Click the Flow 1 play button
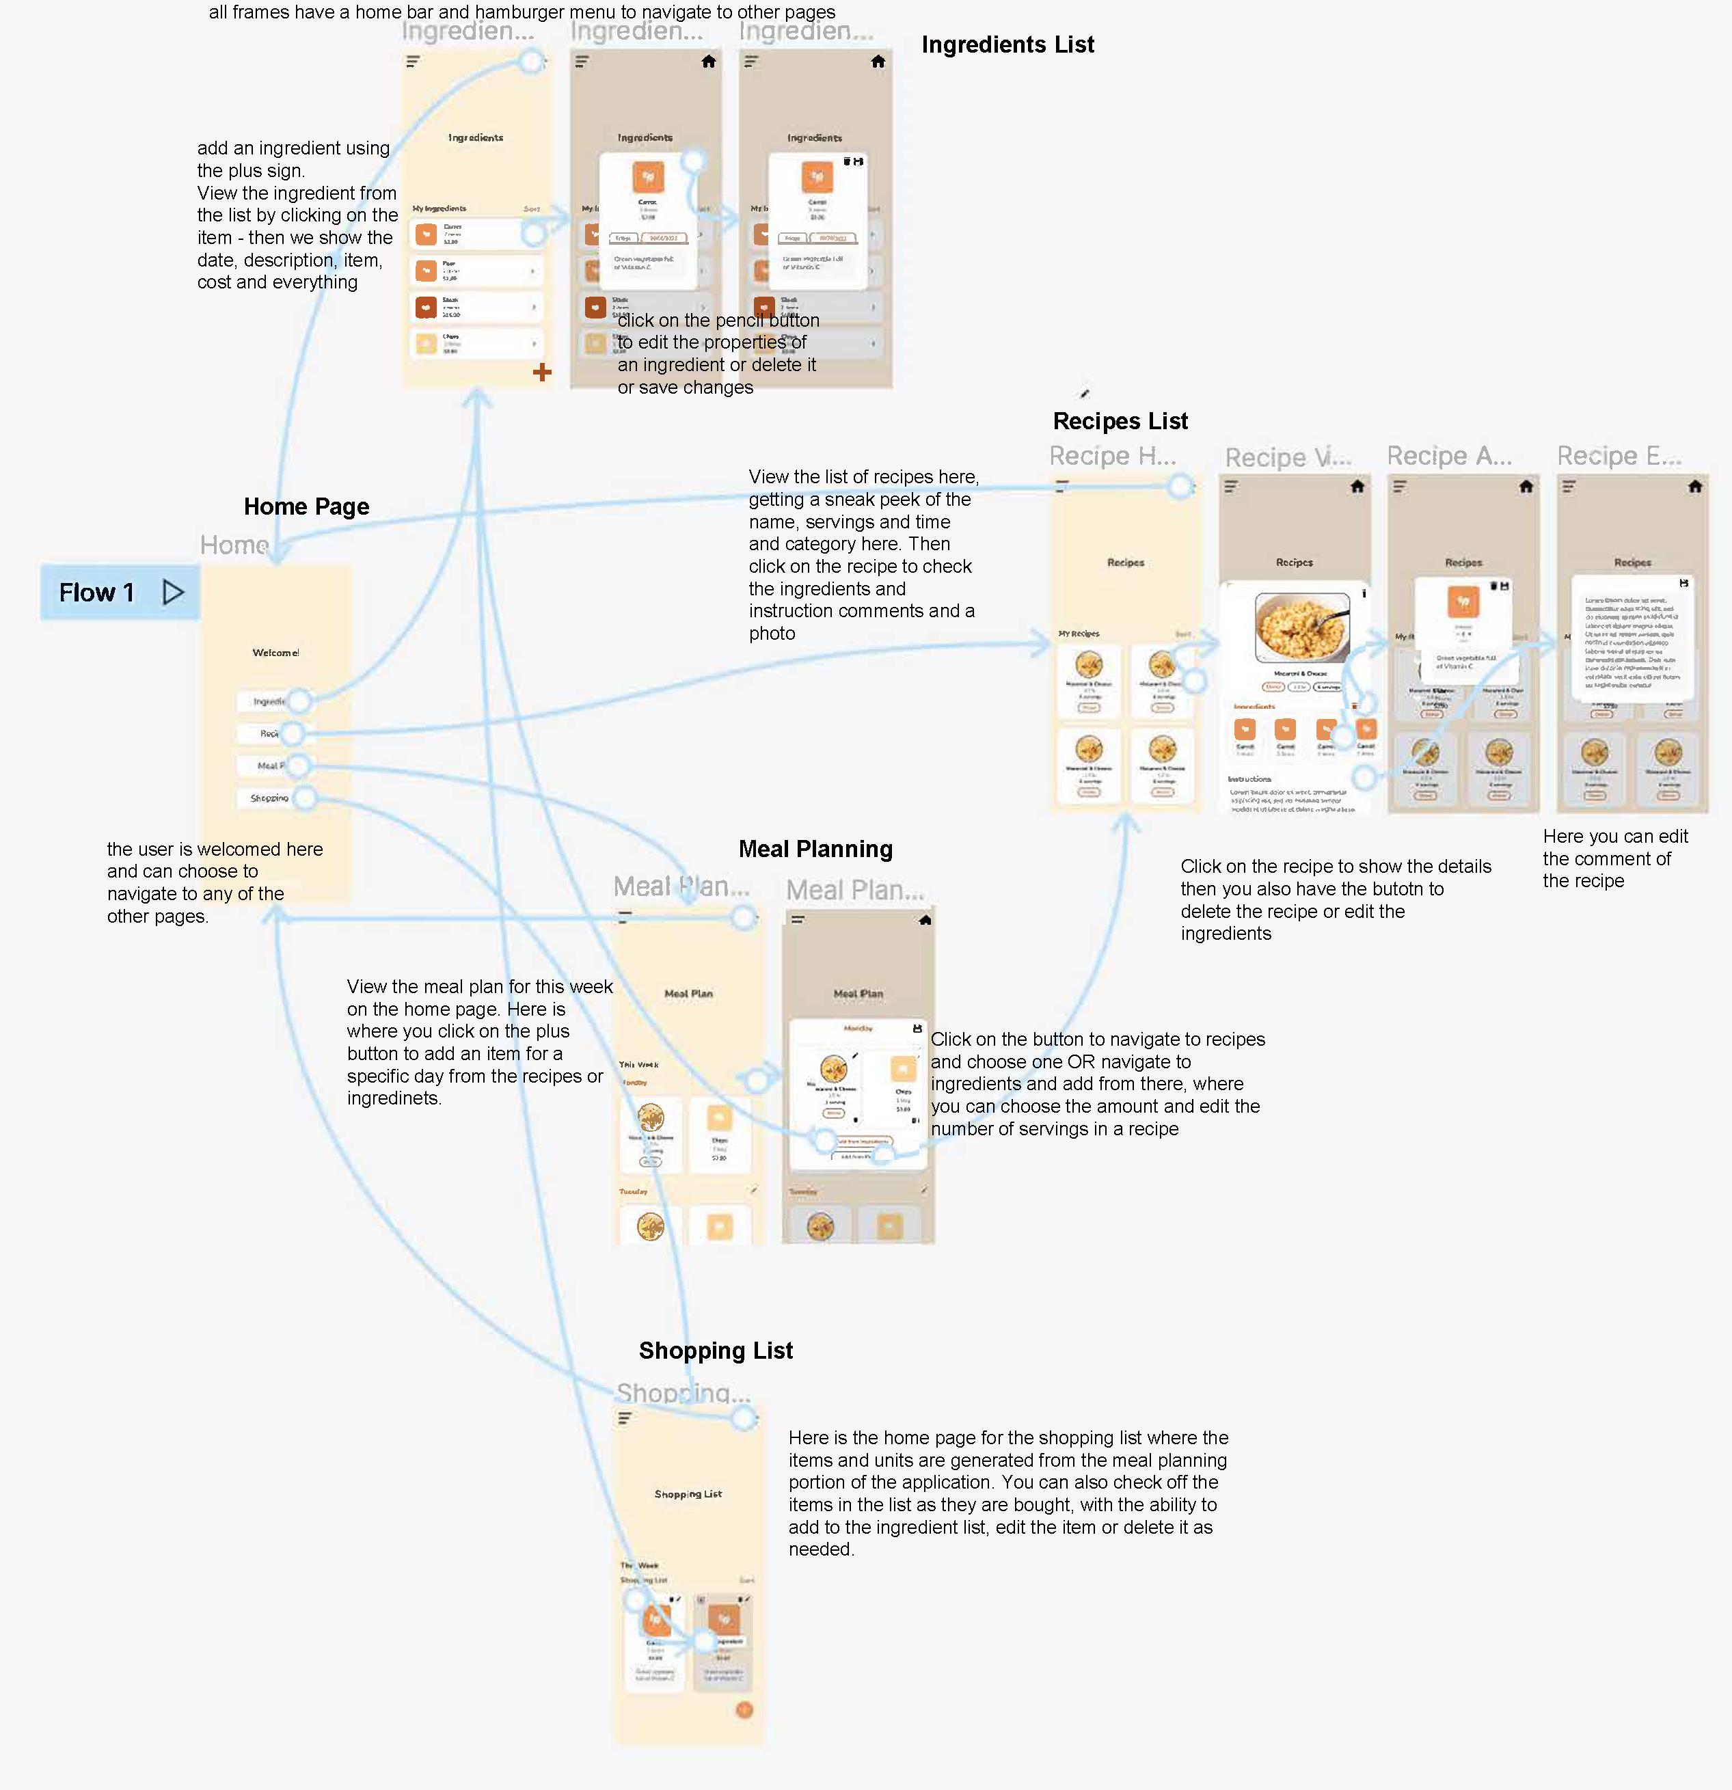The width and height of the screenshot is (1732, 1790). [173, 592]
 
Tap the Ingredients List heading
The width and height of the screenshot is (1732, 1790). [1007, 44]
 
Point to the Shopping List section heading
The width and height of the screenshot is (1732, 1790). [715, 1350]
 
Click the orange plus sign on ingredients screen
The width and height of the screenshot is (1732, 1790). [542, 372]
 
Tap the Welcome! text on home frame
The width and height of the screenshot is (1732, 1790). [275, 652]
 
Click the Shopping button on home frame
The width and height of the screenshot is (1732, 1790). [269, 798]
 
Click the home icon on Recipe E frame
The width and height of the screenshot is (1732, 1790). [1694, 487]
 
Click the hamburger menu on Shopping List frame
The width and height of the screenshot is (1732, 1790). [625, 1418]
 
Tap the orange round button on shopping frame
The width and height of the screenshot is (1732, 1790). [744, 1709]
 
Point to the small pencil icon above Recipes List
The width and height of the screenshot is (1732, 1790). [1084, 394]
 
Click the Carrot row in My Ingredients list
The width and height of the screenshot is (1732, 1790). [475, 234]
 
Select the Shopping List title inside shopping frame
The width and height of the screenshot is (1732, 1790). [688, 1493]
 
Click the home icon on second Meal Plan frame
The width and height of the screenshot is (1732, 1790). [925, 920]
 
